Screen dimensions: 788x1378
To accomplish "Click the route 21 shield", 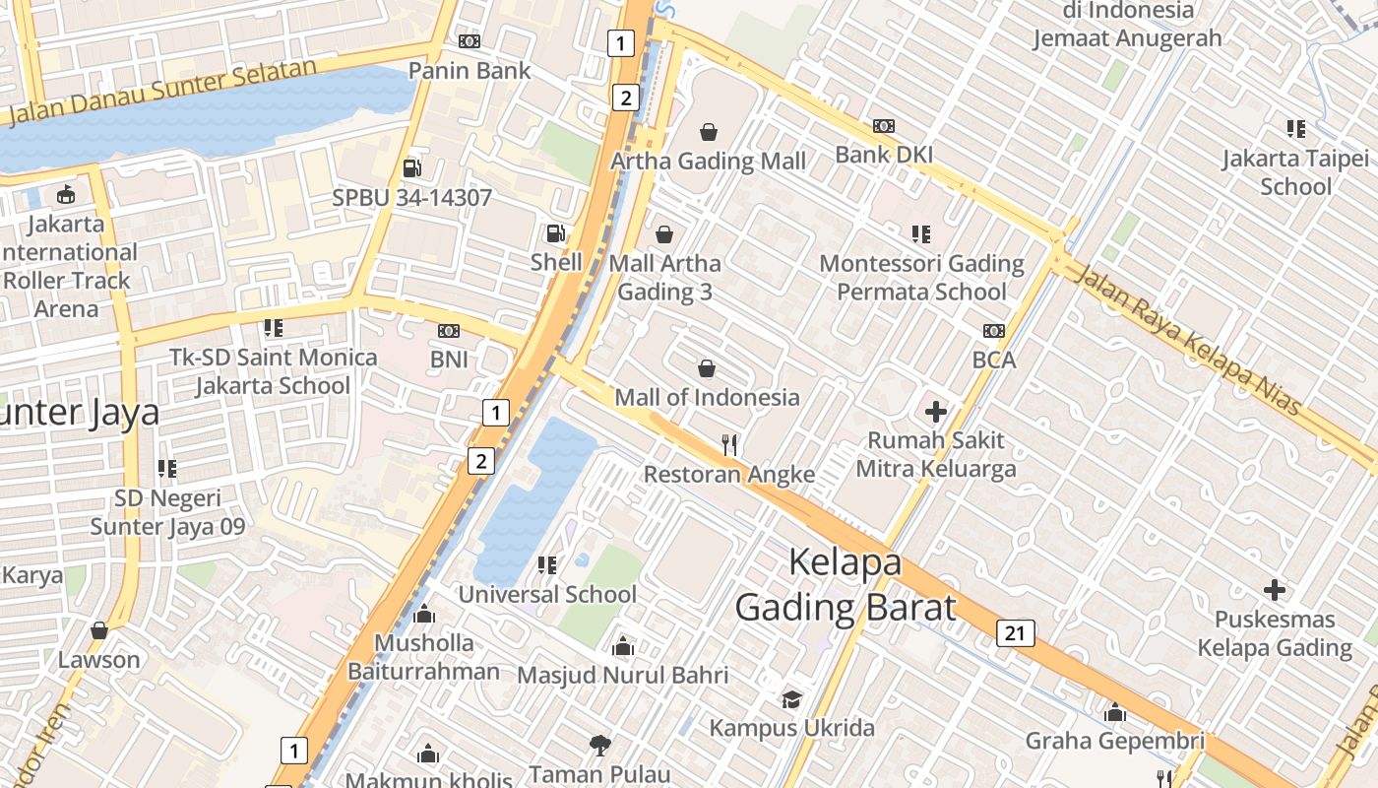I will tap(1015, 632).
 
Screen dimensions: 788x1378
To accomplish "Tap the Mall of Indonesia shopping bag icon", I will tap(706, 368).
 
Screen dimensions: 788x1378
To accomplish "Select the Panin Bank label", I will tap(470, 70).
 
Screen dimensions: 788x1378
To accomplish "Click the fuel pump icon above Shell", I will tap(556, 233).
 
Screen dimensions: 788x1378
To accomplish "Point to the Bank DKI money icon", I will tap(883, 126).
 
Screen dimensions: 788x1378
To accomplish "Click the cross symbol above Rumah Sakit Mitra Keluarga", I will tap(935, 411).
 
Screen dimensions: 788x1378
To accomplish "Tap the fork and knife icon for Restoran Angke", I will tap(729, 444).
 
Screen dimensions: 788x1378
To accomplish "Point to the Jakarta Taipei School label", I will tap(1295, 172).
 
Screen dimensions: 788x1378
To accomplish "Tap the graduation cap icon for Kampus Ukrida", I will tap(791, 699).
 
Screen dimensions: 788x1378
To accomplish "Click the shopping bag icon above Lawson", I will tap(98, 630).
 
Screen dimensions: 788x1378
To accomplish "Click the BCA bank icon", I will tap(993, 331).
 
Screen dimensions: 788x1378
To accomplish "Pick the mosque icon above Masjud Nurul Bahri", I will tap(622, 646).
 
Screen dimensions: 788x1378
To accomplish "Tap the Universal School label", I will tap(547, 594).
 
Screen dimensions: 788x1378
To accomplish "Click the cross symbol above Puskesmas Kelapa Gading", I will tap(1275, 590).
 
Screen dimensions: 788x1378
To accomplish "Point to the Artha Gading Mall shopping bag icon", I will tap(709, 131).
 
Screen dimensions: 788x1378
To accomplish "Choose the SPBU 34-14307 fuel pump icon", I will tap(411, 167).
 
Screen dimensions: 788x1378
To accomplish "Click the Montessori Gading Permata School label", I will tap(922, 278).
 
